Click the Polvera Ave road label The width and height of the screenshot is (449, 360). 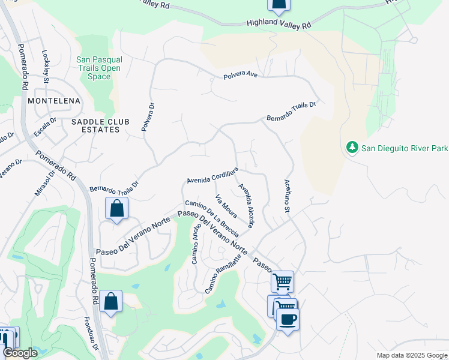[240, 76]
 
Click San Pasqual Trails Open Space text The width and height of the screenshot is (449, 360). [99, 68]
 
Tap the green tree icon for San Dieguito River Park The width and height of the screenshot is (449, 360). [352, 147]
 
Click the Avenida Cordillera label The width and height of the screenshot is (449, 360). [212, 176]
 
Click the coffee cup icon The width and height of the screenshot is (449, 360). [288, 319]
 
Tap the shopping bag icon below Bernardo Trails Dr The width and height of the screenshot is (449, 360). [116, 209]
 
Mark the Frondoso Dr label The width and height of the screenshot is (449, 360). [95, 333]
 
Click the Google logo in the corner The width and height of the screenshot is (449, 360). [20, 353]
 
